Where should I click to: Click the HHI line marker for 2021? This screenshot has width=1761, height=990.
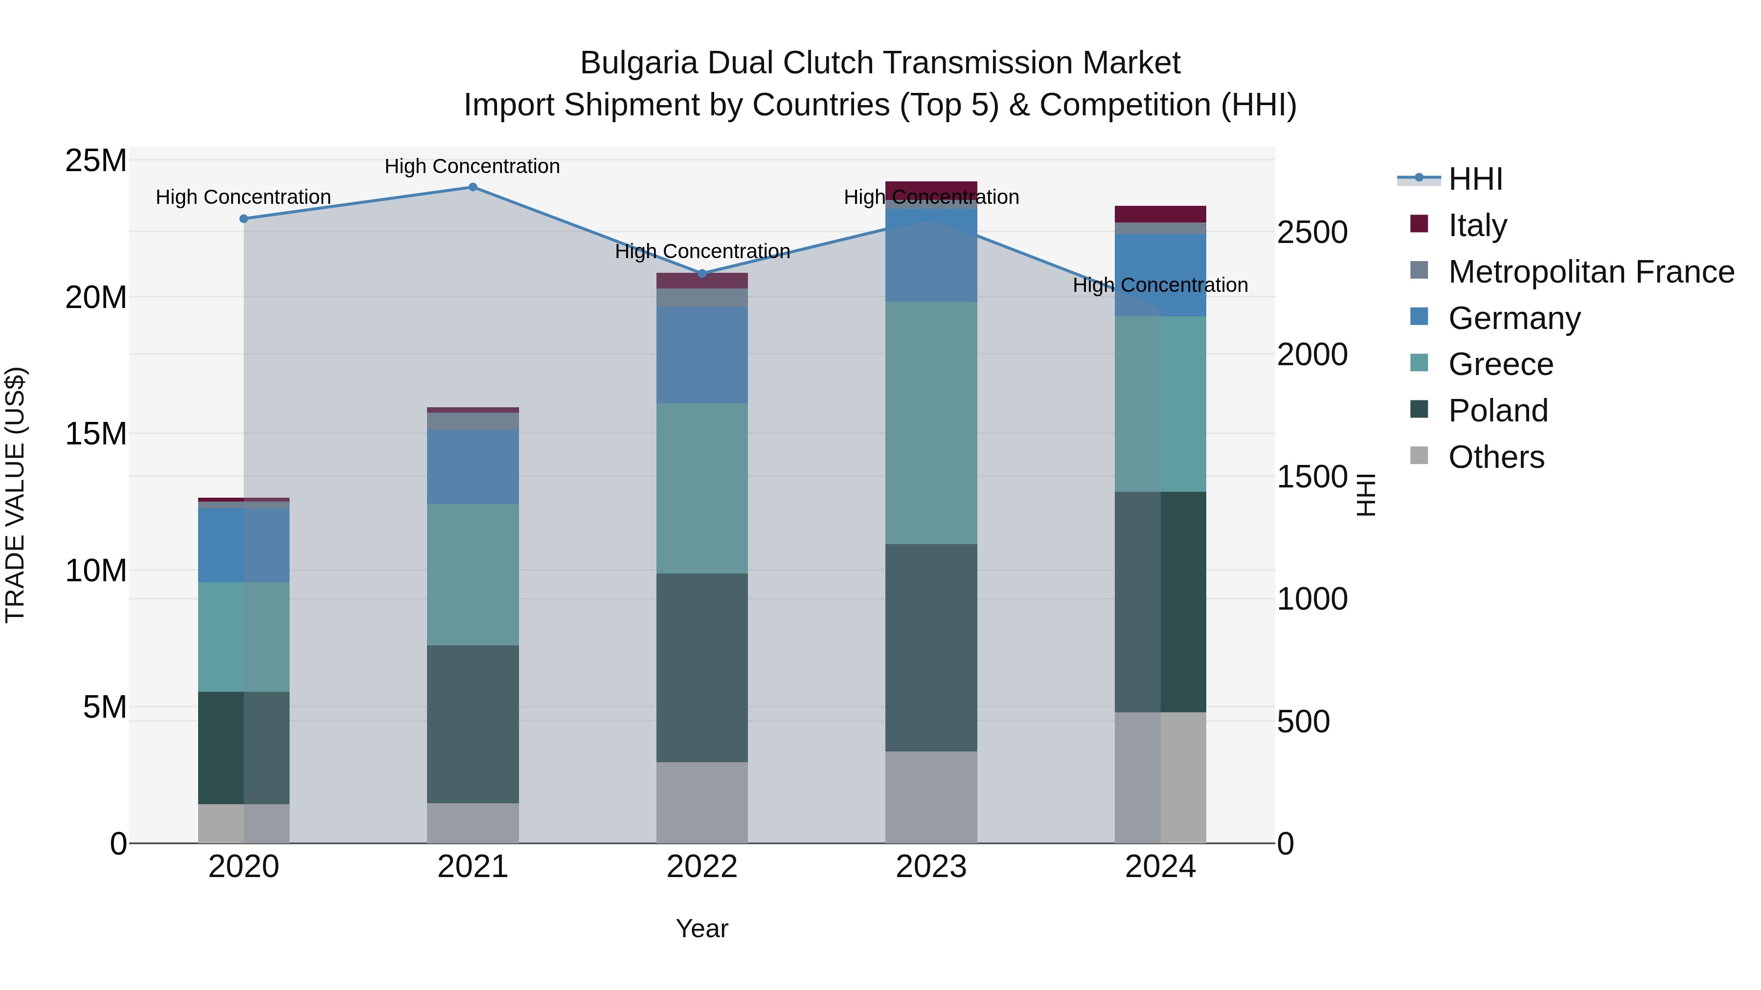tap(473, 187)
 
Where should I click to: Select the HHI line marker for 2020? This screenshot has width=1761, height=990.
tap(244, 219)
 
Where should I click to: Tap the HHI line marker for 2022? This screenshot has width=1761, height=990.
tap(701, 273)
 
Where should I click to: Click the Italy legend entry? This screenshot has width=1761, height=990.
tap(1477, 225)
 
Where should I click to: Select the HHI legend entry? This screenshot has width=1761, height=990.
tap(1474, 179)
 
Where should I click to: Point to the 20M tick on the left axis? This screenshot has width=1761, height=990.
tap(96, 297)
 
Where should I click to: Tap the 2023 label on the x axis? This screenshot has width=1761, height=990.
tap(930, 867)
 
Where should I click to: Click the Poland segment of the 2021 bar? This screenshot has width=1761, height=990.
tap(473, 724)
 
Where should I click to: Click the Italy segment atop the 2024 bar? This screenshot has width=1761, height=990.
tap(1160, 214)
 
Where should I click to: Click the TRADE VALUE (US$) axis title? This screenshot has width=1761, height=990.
tap(15, 495)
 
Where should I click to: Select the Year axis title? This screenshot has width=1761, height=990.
tap(701, 928)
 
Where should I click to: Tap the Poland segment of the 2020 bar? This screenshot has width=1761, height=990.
tap(244, 748)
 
